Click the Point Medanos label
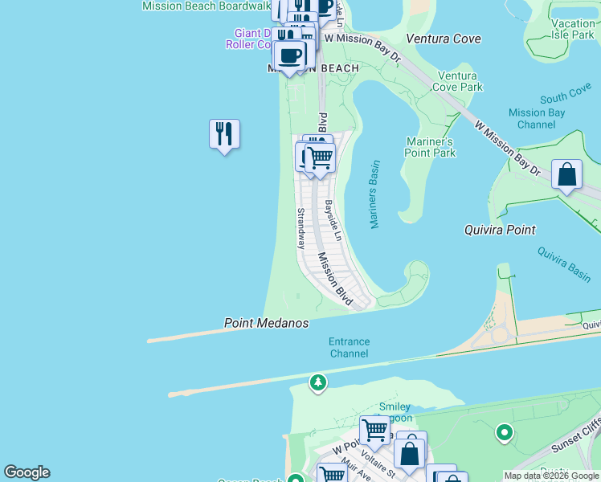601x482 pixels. point(266,323)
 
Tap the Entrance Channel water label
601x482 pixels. point(350,348)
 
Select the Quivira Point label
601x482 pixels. point(499,230)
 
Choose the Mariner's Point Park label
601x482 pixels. point(431,147)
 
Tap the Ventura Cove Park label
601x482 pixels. point(457,80)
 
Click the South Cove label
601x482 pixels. point(566,97)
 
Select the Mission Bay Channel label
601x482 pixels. point(538,119)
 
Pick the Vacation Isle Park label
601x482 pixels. point(573,30)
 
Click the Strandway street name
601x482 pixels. point(301,228)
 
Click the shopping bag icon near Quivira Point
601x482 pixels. point(566,174)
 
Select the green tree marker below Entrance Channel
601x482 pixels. point(319,382)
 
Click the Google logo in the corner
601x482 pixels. point(27,472)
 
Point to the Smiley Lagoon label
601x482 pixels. point(395,413)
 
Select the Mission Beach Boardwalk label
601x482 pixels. point(206,6)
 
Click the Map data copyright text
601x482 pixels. point(551,476)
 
